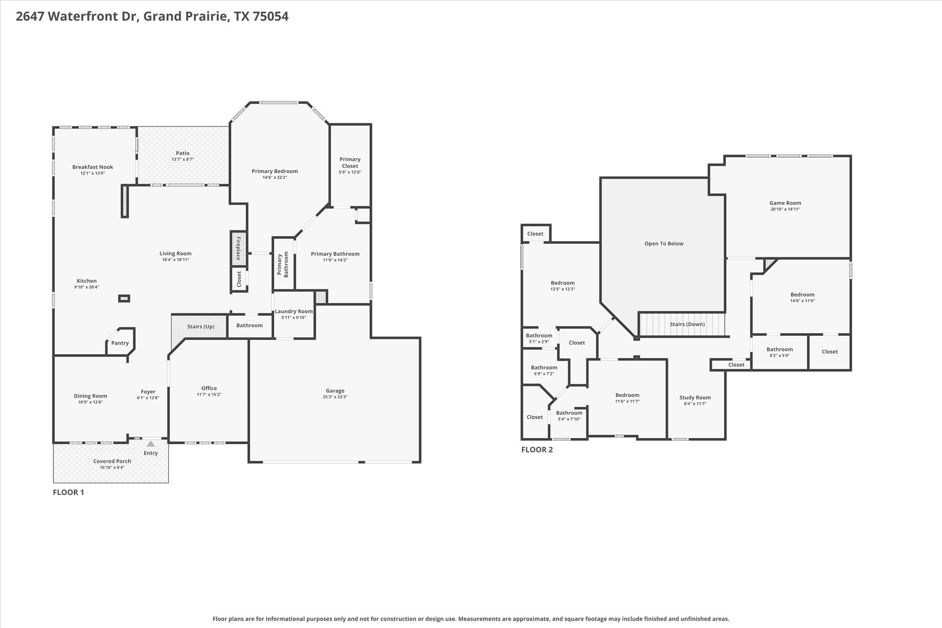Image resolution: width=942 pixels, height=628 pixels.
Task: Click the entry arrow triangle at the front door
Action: (150, 444)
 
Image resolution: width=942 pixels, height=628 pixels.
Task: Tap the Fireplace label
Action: (238, 249)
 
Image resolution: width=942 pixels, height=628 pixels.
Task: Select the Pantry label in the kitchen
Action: (120, 343)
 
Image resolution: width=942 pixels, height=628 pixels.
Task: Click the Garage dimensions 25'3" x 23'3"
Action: (335, 397)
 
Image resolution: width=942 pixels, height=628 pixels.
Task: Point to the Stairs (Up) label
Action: (201, 327)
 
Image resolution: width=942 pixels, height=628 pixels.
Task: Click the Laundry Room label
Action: (293, 311)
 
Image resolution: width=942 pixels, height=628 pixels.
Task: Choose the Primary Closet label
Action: (350, 162)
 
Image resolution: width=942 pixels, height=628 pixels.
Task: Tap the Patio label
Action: (183, 153)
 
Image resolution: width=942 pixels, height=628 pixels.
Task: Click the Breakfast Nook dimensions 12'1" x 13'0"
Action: (92, 173)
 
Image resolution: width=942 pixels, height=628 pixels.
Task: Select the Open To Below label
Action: (664, 244)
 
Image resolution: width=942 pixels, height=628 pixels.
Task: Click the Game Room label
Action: (785, 203)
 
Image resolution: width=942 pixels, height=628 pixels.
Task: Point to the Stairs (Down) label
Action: (687, 324)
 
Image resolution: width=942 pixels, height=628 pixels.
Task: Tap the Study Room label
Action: (695, 398)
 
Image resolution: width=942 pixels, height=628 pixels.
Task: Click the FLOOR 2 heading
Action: (537, 450)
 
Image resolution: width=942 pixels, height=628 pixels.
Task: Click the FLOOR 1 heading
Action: (69, 492)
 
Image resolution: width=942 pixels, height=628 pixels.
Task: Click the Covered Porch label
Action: (112, 461)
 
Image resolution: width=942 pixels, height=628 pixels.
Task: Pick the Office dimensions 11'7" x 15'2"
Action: (209, 395)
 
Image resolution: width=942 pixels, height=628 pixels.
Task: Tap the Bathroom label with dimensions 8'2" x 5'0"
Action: (780, 350)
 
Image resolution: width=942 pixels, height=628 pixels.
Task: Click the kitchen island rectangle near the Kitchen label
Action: (124, 299)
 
